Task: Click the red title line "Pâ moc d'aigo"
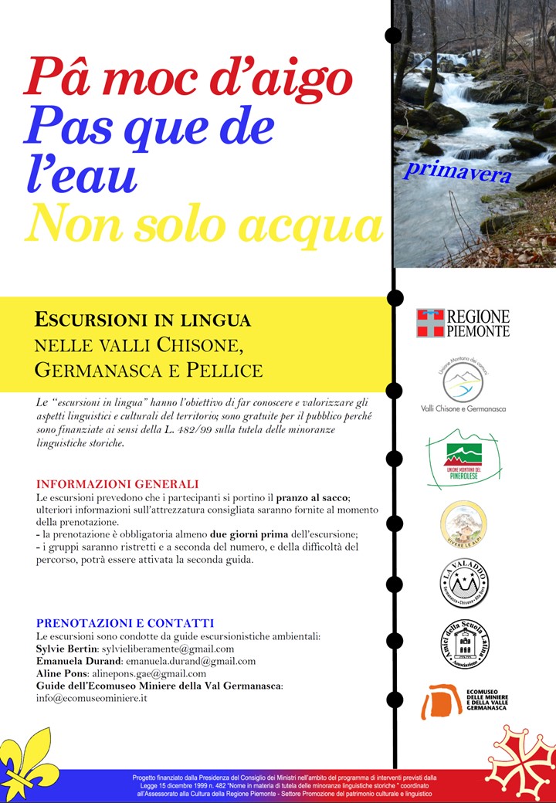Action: [x=188, y=78]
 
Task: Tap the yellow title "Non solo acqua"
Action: [x=204, y=224]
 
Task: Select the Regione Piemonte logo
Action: [x=463, y=323]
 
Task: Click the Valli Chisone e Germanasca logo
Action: [x=463, y=388]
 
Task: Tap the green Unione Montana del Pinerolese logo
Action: [x=463, y=462]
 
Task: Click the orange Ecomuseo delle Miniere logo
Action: [x=463, y=701]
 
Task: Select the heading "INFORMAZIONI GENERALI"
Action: [x=117, y=484]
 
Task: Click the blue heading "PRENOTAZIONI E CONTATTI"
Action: [x=124, y=623]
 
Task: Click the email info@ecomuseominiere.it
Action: [x=92, y=698]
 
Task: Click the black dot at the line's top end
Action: [x=393, y=35]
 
